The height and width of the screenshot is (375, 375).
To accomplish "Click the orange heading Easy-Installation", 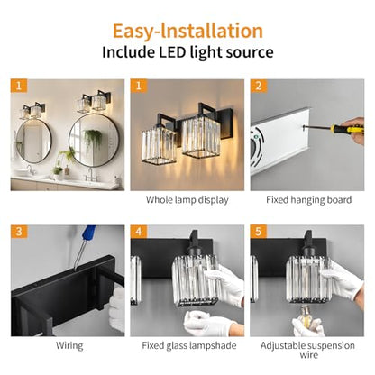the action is coord(187,32).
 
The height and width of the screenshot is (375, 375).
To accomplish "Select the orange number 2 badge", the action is coord(259,86).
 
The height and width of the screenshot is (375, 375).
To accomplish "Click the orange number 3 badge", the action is coord(19,232).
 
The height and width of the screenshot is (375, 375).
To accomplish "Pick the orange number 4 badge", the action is coord(138,232).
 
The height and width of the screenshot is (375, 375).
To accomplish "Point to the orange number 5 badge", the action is coord(259,232).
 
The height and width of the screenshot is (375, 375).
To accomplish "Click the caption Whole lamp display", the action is coord(187,200).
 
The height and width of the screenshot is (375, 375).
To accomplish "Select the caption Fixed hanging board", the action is coord(308,200).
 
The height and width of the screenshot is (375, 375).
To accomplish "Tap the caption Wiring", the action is coord(69,345).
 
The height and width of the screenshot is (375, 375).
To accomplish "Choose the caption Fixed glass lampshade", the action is coord(189,345).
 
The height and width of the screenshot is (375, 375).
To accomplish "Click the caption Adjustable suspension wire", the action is coord(307,351).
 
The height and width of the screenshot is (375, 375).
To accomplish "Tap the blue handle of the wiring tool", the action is coord(90,232).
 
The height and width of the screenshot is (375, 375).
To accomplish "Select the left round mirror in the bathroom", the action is coord(33,142).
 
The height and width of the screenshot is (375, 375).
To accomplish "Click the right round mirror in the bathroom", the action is coord(94,140).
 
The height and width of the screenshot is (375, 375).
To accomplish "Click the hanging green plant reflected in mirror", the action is coord(93,138).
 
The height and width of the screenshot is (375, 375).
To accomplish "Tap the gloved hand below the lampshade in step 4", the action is coord(207,324).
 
